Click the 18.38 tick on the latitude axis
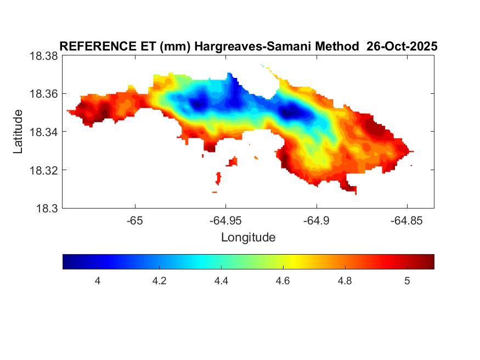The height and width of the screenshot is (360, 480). point(43,56)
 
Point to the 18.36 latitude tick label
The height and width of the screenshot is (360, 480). point(43,94)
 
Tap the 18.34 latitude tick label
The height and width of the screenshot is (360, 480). point(43,132)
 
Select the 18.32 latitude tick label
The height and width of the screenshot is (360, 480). point(43,170)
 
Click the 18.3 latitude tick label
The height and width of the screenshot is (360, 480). point(46,208)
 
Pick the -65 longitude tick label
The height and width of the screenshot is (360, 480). point(135,221)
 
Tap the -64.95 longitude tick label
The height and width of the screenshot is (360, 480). point(225,221)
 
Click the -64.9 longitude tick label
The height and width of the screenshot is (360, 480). point(316,221)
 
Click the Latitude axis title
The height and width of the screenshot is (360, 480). point(19,132)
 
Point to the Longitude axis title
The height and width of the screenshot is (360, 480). point(248,238)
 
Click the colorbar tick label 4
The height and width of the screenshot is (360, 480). point(97,281)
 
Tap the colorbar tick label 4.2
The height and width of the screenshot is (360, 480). point(159,281)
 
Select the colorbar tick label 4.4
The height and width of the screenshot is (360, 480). point(221,281)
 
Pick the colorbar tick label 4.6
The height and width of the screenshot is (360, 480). point(283,281)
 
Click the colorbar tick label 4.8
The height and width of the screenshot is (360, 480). point(345,281)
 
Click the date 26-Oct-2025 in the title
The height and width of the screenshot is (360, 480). point(402,47)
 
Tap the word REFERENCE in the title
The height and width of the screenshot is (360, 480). point(93,47)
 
